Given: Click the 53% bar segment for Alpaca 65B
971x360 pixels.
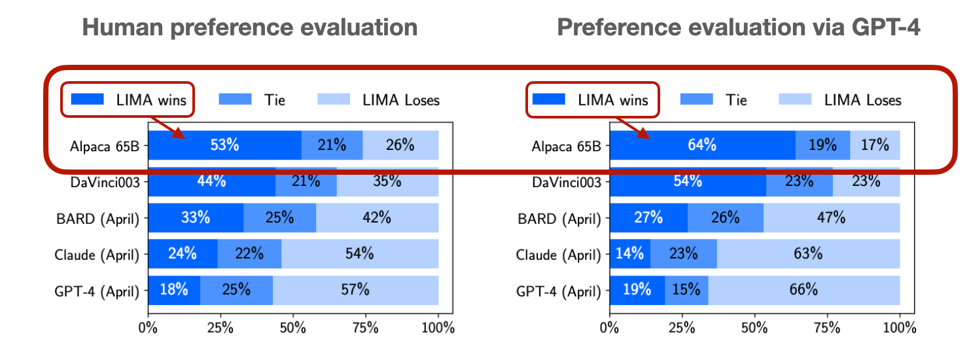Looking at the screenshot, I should pos(224,145).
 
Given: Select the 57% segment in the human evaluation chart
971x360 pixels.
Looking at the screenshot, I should pos(355,289).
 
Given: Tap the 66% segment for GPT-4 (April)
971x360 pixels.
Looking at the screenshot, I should pos(803,289).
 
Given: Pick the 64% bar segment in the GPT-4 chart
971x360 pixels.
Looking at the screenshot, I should pos(702,145).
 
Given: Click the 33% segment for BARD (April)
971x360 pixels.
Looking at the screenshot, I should pos(196,218).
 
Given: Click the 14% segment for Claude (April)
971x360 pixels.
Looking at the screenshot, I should pos(630,253).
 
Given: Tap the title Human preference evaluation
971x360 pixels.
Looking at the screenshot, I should pos(250,27).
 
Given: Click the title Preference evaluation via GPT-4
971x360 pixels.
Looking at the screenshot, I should pos(739,27).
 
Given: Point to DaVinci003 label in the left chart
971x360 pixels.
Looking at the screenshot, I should pos(105,182).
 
